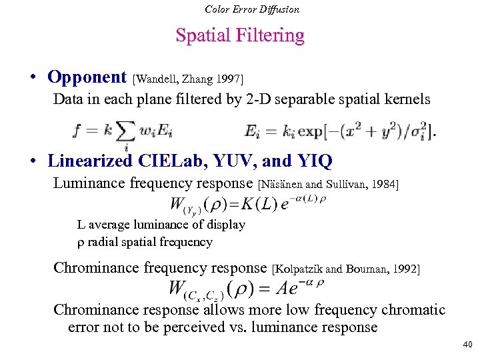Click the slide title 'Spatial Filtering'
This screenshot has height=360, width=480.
(x=240, y=35)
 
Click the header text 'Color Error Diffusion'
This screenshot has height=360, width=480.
(x=252, y=9)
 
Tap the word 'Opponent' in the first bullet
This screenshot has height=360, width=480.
(x=87, y=77)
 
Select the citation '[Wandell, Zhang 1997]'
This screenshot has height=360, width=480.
(x=193, y=79)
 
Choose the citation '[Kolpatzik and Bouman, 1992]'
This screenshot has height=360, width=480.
(x=346, y=269)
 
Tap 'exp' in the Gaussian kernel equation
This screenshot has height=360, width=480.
(x=310, y=131)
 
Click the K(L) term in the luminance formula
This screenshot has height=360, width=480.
(x=253, y=204)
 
